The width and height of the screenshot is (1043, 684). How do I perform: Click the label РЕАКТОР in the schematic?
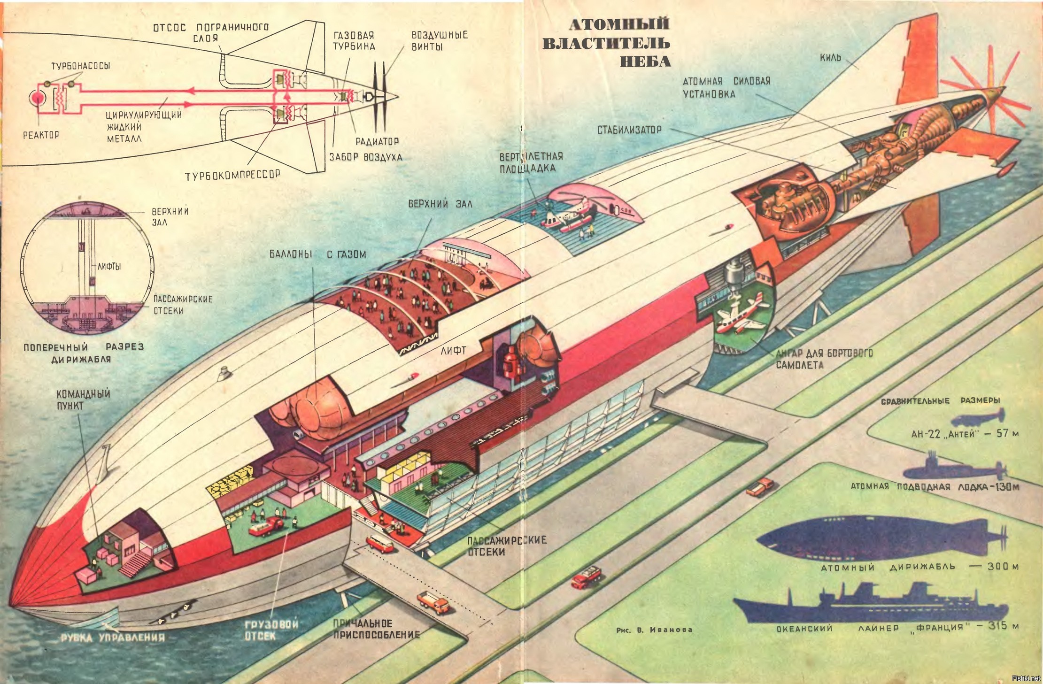[x=41, y=135]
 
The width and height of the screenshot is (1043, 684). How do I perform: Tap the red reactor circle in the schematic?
[x=36, y=98]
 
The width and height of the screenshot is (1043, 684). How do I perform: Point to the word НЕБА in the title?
[x=645, y=61]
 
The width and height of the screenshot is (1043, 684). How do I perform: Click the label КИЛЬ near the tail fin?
[x=830, y=58]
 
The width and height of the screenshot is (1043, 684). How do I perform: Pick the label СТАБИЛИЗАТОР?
[x=629, y=130]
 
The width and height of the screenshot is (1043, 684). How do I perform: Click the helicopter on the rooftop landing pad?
[x=569, y=215]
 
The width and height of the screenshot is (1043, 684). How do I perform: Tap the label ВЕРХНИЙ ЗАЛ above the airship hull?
[x=440, y=204]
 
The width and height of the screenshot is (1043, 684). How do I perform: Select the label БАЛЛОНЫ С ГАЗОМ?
[x=317, y=254]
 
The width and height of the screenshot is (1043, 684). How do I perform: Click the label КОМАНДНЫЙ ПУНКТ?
[x=83, y=400]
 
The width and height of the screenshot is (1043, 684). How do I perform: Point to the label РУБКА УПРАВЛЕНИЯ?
[x=113, y=638]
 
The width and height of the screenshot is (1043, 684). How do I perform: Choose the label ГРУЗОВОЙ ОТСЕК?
[x=271, y=630]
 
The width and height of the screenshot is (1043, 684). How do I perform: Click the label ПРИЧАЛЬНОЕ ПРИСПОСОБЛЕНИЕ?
[x=376, y=629]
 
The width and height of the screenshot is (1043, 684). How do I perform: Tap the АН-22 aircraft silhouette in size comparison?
[x=977, y=416]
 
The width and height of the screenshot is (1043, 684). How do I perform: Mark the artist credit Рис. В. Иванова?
[x=654, y=630]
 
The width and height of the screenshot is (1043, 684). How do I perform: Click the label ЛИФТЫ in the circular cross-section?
[x=109, y=266]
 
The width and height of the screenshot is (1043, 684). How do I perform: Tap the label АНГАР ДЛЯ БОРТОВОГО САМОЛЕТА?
[x=824, y=358]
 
